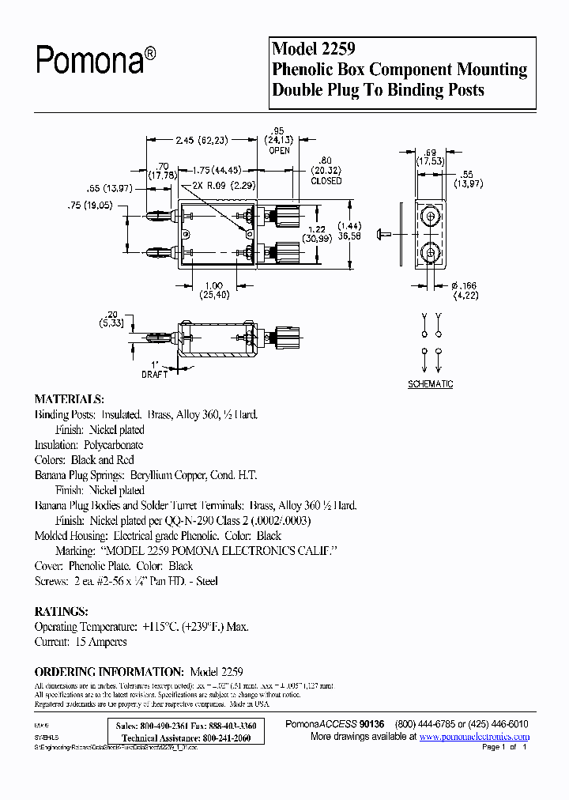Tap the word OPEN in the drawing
tap(279, 151)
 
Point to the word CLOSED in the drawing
tap(326, 181)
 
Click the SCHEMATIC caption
tap(431, 384)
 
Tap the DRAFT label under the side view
tap(155, 375)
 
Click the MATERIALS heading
tap(70, 398)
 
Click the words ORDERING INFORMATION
tap(109, 671)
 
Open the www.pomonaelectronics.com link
tap(474, 737)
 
